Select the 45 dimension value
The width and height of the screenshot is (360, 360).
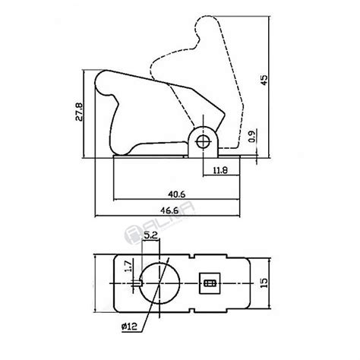tap(264, 81)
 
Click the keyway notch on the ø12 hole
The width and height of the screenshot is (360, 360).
tap(141, 284)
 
